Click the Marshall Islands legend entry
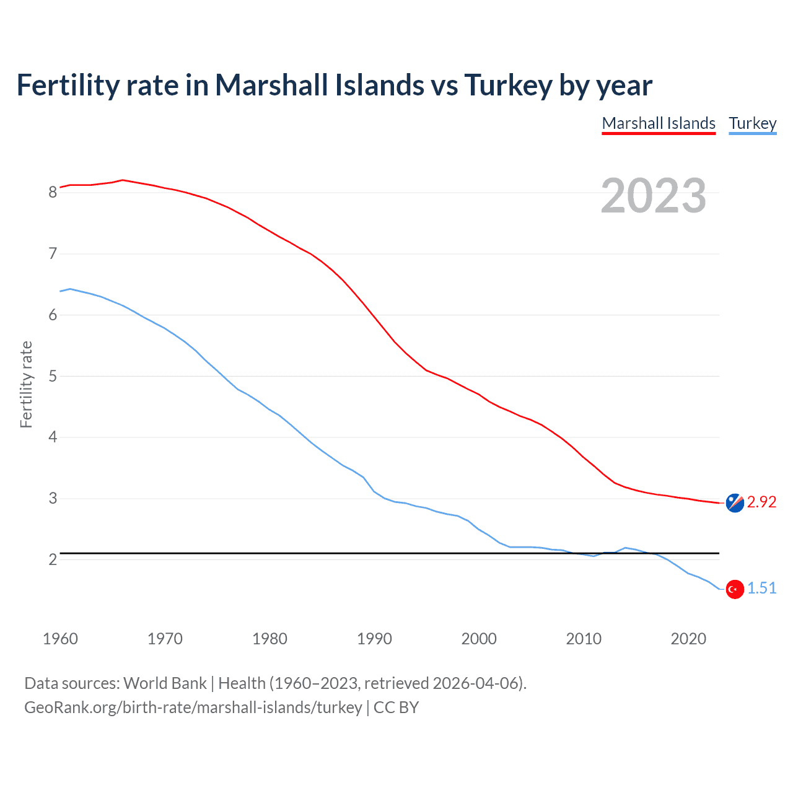659,123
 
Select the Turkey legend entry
752,123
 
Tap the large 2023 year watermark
653,196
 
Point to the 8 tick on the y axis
53,193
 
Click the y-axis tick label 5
53,377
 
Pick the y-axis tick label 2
53,560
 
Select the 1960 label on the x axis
60,639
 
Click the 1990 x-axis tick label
374,639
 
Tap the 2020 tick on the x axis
688,639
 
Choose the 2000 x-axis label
478,639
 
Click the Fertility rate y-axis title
26,384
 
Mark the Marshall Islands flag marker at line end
735,503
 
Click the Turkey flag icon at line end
735,589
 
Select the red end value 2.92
761,502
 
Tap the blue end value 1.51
761,589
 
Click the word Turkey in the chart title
507,85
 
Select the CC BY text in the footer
396,708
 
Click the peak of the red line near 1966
123,180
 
